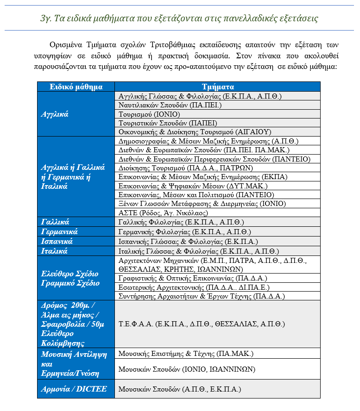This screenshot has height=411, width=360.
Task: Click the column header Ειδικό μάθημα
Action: click(76, 87)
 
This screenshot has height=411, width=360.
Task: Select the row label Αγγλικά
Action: click(55, 114)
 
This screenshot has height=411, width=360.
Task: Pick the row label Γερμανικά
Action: click(59, 232)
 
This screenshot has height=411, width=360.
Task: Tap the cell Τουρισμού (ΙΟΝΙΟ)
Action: click(149, 114)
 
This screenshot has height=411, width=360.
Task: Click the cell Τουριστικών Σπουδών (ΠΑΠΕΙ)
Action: click(168, 123)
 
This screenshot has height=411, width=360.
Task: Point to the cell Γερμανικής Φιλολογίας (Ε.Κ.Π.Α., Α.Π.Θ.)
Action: click(184, 232)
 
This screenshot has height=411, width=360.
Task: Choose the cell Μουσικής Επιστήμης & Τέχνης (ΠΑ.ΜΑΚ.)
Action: click(186, 354)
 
